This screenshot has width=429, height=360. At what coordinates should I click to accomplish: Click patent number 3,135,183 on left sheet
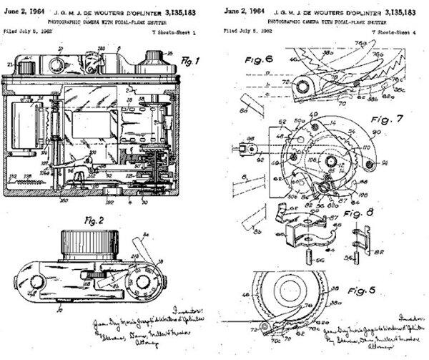(x=184, y=10)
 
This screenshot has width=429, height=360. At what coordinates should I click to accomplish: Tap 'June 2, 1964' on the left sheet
(x=24, y=10)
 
